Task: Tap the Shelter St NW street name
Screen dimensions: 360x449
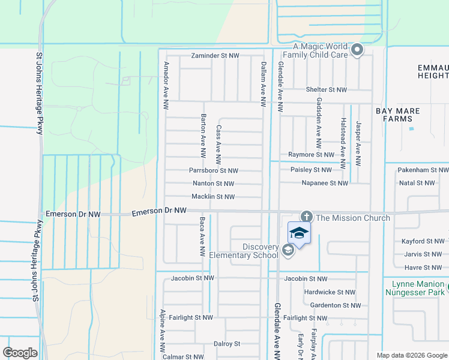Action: coord(326,90)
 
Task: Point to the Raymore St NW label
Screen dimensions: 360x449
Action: coord(310,155)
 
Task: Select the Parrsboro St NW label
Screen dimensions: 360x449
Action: coord(214,170)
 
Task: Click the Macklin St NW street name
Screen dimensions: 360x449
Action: coord(212,197)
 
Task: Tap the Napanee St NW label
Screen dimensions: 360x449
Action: coord(325,183)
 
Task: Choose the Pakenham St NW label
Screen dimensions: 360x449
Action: coord(423,170)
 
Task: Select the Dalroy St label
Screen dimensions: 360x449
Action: coord(227,344)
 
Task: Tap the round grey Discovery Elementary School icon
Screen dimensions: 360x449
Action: coord(288,251)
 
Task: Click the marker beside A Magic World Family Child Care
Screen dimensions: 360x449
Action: coord(357,50)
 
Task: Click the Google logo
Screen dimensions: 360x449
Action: coord(20,353)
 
